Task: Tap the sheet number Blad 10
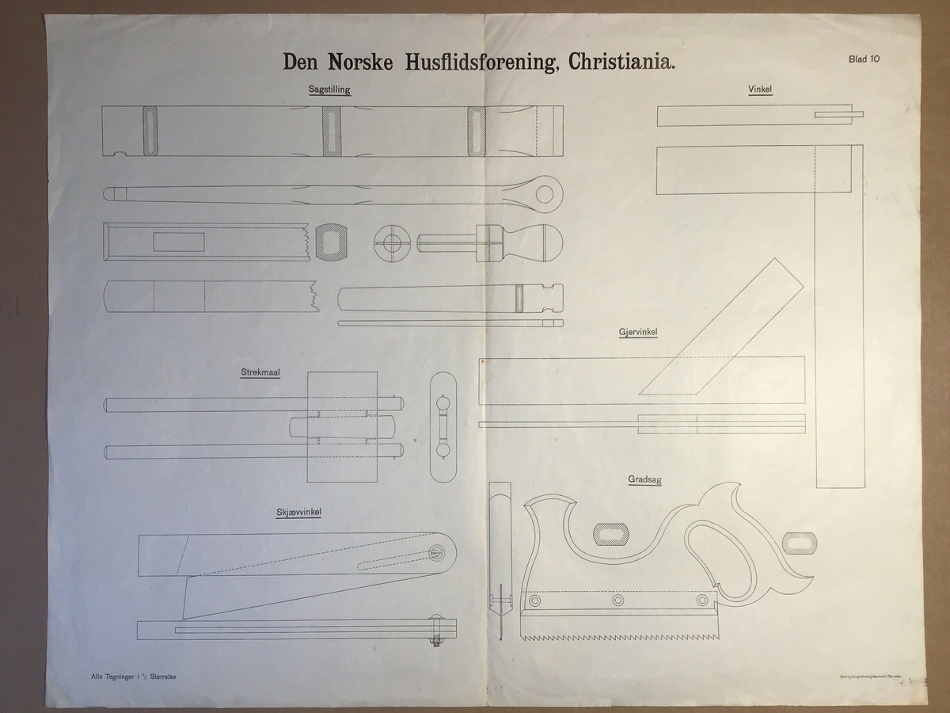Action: (864, 58)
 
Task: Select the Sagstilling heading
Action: (329, 90)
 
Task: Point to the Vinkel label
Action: (760, 90)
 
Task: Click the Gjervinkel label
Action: (638, 333)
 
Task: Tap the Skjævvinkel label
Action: (298, 513)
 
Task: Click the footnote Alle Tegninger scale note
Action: (133, 676)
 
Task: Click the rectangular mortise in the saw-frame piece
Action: (179, 242)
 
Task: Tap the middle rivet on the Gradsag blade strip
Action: (618, 601)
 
